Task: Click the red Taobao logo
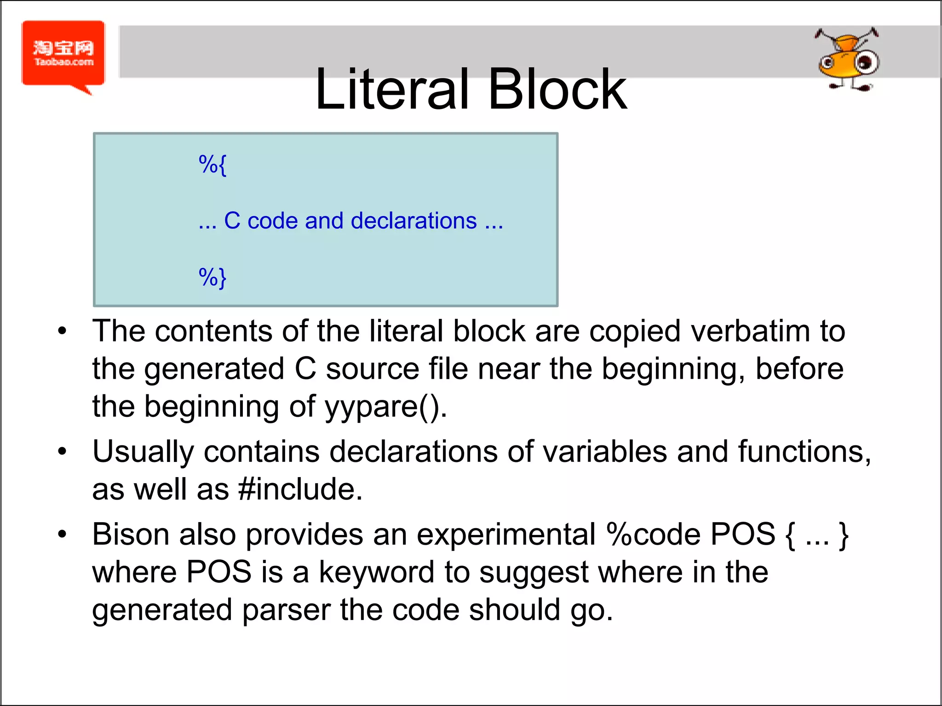click(63, 54)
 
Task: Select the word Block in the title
click(557, 89)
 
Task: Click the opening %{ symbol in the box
click(213, 165)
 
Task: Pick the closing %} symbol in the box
click(213, 278)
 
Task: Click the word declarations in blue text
click(414, 221)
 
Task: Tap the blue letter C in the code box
click(232, 221)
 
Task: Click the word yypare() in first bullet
click(385, 407)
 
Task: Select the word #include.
click(300, 489)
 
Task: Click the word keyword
click(376, 573)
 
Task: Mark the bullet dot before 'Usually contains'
click(62, 452)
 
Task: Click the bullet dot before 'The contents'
click(62, 331)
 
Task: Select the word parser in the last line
click(286, 611)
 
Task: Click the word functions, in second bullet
click(804, 452)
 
